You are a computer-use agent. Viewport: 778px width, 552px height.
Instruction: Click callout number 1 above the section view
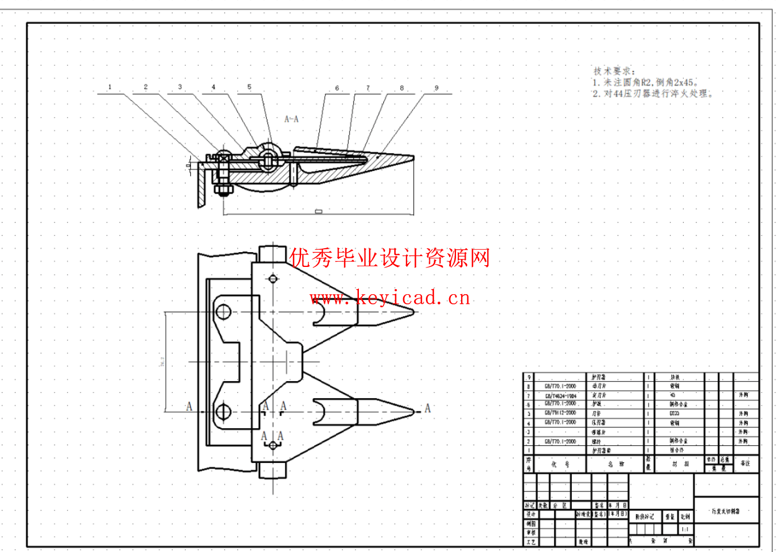coord(110,87)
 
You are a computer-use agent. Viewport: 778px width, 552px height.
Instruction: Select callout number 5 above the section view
coord(249,87)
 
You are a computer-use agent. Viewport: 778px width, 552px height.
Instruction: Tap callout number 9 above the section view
coord(436,88)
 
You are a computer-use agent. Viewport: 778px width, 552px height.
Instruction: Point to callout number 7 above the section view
coord(368,88)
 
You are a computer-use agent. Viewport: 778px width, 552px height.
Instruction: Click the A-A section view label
coord(291,119)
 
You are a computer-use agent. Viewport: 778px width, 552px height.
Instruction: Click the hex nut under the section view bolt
coord(222,189)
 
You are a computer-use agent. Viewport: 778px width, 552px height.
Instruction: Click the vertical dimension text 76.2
coord(162,362)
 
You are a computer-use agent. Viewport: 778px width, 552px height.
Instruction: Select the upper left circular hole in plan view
coord(223,312)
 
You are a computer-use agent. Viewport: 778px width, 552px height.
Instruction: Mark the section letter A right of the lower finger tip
coord(428,408)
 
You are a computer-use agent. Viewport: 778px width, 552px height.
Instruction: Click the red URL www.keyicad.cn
coord(390,298)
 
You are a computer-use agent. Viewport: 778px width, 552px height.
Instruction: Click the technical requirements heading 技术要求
coord(614,71)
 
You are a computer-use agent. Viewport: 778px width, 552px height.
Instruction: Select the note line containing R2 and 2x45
coord(646,82)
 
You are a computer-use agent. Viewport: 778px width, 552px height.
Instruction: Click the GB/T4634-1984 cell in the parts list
coord(560,395)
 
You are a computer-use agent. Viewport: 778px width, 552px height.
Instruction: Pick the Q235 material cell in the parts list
coord(674,413)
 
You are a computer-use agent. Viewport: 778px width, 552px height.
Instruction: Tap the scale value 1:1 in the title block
coord(685,529)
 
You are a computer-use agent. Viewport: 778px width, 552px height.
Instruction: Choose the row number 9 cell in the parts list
coord(529,377)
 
